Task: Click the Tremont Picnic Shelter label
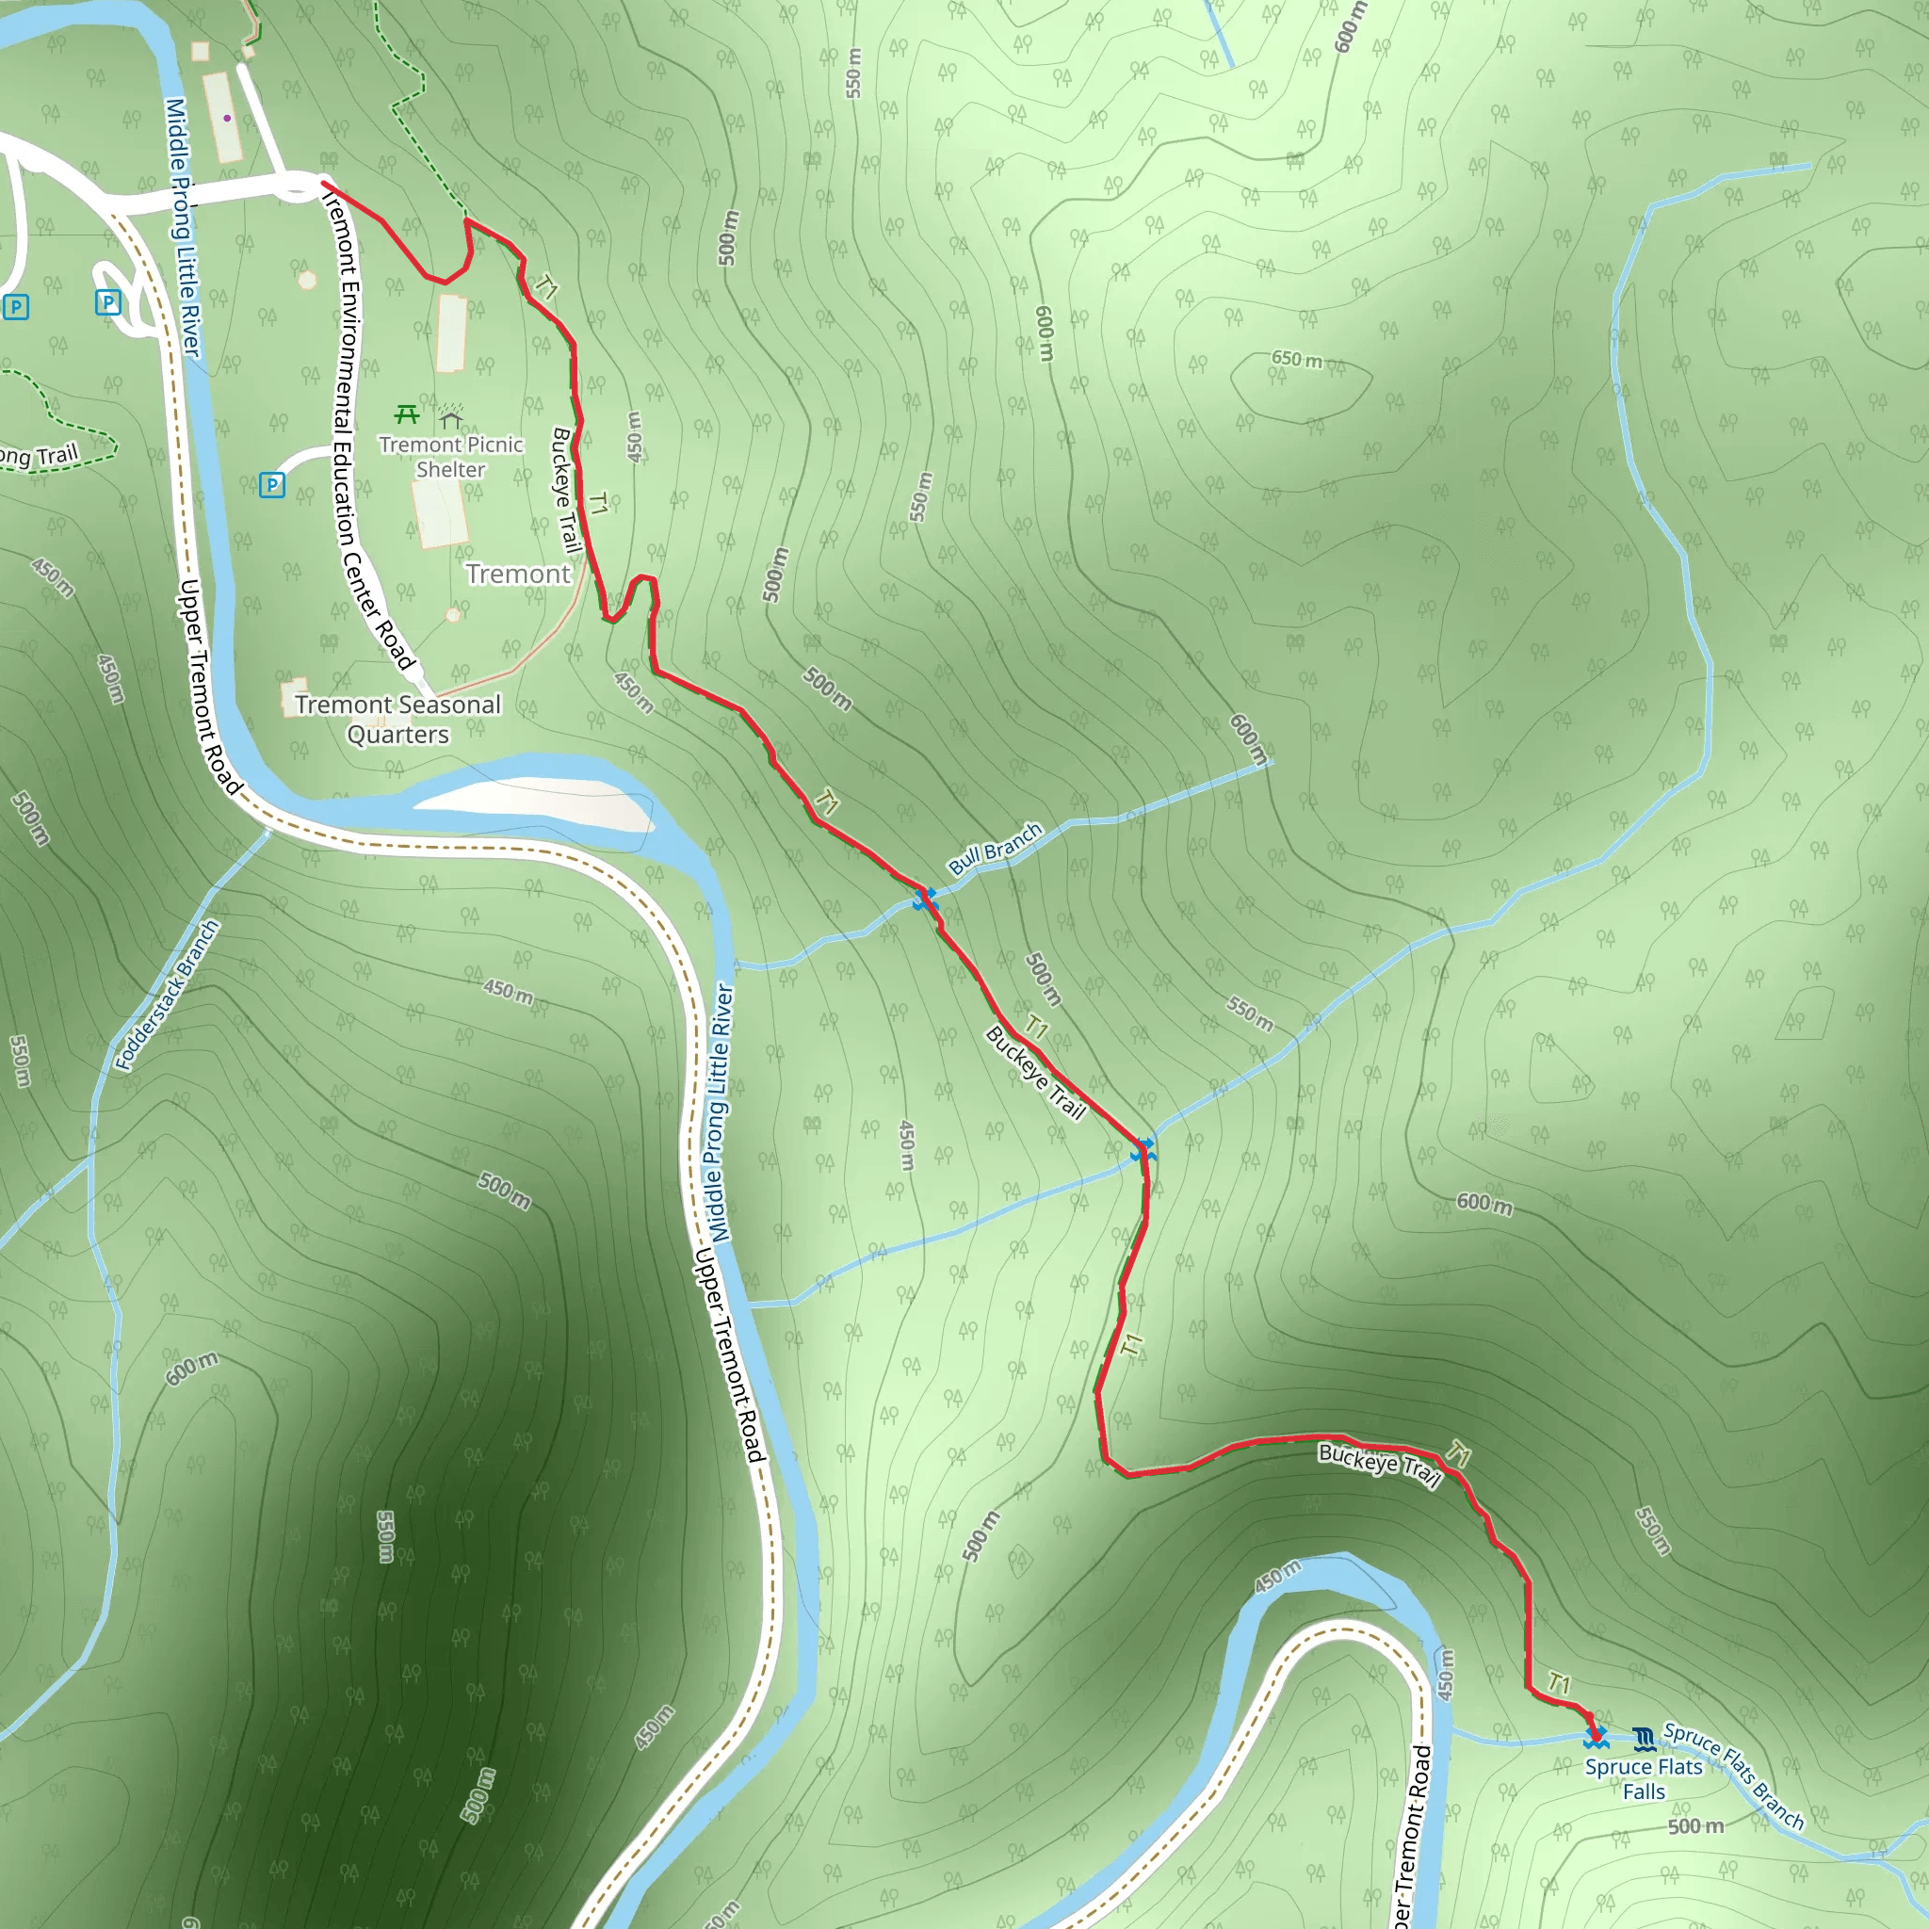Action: [450, 457]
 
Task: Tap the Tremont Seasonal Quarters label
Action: [397, 719]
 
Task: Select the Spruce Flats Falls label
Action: [1644, 1779]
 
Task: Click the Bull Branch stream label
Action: [995, 849]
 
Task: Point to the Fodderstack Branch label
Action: [167, 995]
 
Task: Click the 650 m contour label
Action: [1296, 360]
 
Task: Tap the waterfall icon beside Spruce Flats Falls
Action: [1644, 1740]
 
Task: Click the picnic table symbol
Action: [405, 413]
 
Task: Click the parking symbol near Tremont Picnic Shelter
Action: [271, 485]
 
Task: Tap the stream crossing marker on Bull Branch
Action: [926, 900]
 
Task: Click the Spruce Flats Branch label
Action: [1734, 1777]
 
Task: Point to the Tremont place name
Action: [517, 575]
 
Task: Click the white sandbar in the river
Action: [539, 800]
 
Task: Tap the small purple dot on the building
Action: [228, 118]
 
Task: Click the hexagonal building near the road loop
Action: [307, 281]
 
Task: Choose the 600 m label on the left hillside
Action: [192, 1369]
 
